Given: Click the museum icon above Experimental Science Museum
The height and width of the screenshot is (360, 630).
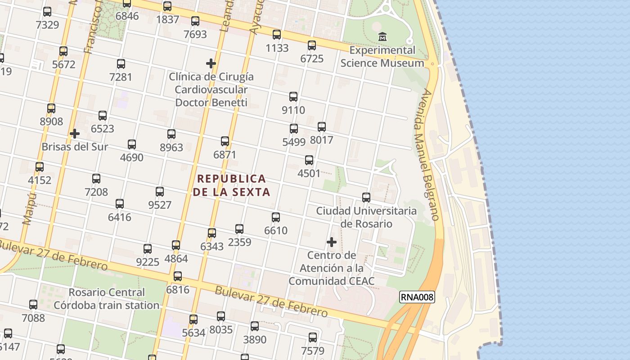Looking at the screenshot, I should point(382,36).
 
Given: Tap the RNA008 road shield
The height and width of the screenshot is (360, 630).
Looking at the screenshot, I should point(417,297).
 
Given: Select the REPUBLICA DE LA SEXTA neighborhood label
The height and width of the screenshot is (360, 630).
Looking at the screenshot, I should point(232,185).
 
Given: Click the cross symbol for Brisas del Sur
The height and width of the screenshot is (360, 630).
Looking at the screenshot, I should point(75,134).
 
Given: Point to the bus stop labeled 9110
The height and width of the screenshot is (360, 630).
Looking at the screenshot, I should point(293,97).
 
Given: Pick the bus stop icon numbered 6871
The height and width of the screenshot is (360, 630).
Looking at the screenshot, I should point(225,141).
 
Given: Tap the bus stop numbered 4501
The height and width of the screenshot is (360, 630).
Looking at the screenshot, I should point(309,160).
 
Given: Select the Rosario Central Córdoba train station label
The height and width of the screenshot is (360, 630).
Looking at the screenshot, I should point(106,299).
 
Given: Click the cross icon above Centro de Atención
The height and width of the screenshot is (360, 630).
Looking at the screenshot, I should point(332,242).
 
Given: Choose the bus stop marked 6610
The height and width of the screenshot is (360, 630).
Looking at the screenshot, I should point(276,217).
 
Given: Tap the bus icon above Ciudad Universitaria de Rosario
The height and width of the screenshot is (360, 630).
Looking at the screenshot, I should point(366,198).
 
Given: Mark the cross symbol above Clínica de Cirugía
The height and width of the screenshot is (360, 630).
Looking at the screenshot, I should point(211,63).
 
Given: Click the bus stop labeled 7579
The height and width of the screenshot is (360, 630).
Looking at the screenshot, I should point(313,337).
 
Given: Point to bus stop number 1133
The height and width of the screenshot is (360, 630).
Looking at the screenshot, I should point(277,35).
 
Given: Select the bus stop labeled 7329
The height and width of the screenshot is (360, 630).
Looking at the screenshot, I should point(47,12).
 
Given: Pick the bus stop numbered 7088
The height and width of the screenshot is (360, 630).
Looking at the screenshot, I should point(33,305).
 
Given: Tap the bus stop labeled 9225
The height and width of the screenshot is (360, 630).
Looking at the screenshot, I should point(148,249).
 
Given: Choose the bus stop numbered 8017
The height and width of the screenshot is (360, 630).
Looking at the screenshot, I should point(322,127).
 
